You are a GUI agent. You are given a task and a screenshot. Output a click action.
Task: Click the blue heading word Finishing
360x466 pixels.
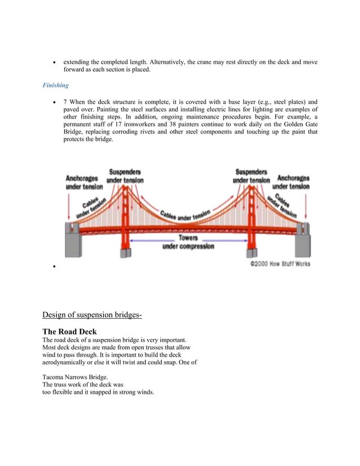55,85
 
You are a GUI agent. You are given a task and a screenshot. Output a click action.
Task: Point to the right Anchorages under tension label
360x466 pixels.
293,182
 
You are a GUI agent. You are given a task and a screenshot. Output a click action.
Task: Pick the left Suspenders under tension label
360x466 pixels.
125,175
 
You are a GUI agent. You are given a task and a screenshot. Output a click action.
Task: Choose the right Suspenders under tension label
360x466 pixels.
252,175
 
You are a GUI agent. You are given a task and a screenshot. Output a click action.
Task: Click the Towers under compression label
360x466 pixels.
188,242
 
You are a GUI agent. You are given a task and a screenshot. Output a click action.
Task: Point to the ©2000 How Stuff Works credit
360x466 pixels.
280,263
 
